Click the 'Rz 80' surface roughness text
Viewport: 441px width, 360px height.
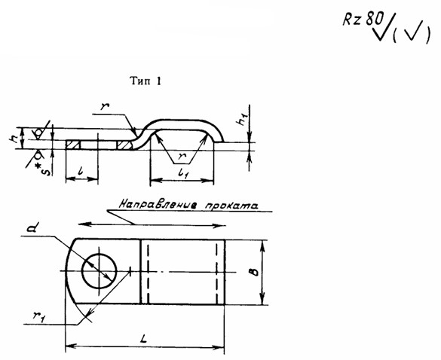363,20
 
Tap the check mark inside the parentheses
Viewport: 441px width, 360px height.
412,32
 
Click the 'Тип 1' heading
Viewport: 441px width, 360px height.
145,81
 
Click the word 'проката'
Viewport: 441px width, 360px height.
231,206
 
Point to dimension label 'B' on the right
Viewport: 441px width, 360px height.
254,272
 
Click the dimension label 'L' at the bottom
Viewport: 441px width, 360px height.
144,340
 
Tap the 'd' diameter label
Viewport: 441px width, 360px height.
32,227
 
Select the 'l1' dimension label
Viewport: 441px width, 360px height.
183,174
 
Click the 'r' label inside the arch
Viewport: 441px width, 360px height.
182,156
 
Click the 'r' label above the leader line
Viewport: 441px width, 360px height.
106,106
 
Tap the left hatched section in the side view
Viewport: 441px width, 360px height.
73,145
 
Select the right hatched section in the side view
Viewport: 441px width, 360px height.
125,145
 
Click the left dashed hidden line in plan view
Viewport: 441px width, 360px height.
148,272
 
